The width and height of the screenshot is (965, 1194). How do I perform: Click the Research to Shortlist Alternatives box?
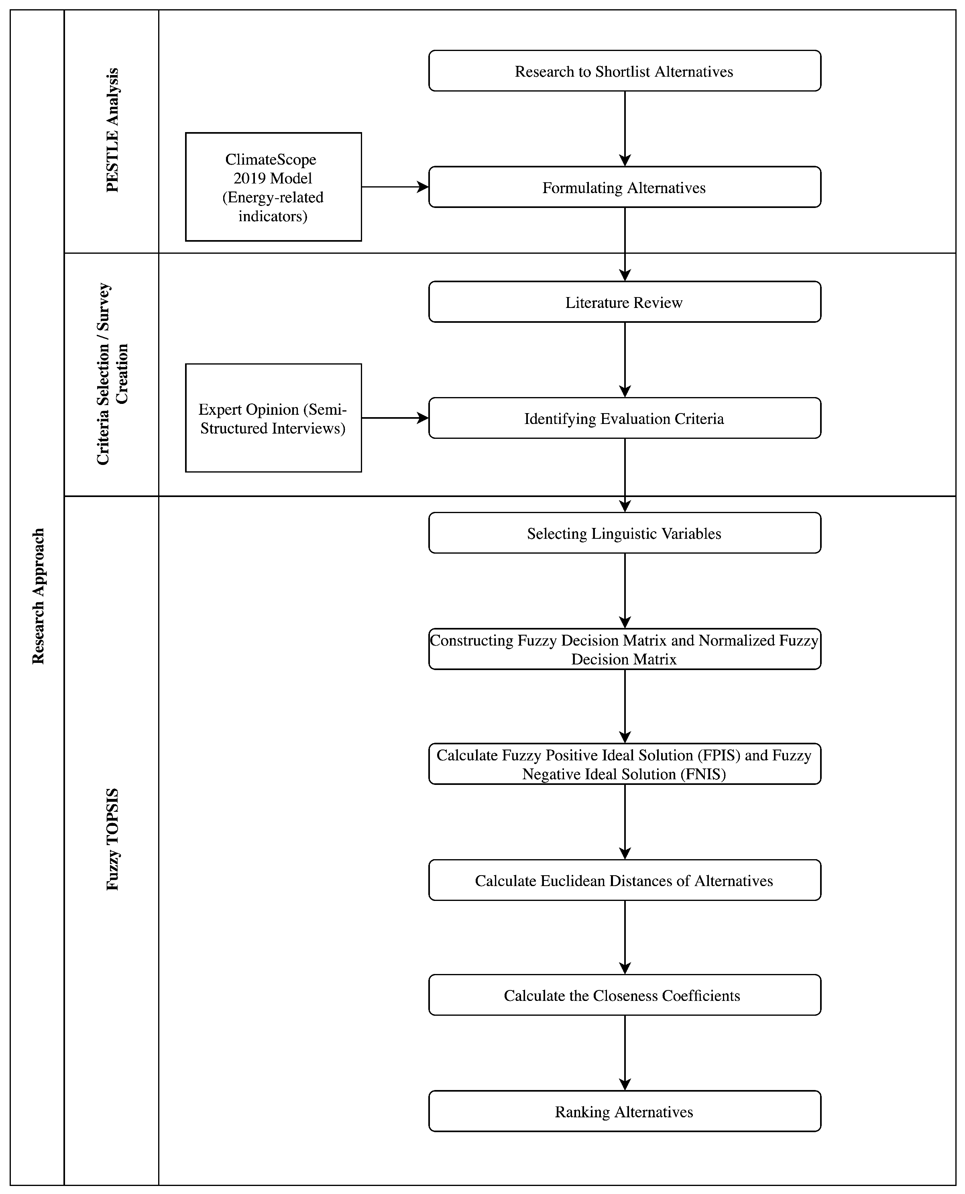point(624,71)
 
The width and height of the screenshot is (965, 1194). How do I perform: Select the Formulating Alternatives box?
point(624,187)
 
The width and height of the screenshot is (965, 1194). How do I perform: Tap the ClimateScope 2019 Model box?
point(273,187)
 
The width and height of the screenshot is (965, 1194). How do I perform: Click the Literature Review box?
point(624,302)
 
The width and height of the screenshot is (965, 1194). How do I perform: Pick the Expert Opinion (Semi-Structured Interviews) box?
point(273,418)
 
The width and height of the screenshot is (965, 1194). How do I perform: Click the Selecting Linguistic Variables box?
point(624,534)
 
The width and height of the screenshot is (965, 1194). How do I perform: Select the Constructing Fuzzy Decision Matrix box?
point(624,649)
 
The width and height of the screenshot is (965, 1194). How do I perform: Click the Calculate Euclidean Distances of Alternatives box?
point(624,880)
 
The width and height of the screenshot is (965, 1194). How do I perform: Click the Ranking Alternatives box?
point(624,1112)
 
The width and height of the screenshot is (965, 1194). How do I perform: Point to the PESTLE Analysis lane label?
point(112,130)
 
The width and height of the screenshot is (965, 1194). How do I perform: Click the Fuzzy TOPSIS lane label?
point(112,839)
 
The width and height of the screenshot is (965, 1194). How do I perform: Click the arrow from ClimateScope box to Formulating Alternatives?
point(395,187)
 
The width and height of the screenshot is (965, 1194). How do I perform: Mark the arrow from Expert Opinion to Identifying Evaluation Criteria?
point(395,418)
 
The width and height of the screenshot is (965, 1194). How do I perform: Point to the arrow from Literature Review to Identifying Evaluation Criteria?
point(625,360)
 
